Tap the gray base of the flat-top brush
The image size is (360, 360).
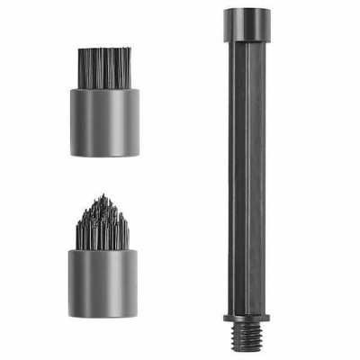(104, 121)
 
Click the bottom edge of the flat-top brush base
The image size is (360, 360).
(104, 154)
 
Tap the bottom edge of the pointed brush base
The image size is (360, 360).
(104, 312)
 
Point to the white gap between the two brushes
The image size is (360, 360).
(104, 175)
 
